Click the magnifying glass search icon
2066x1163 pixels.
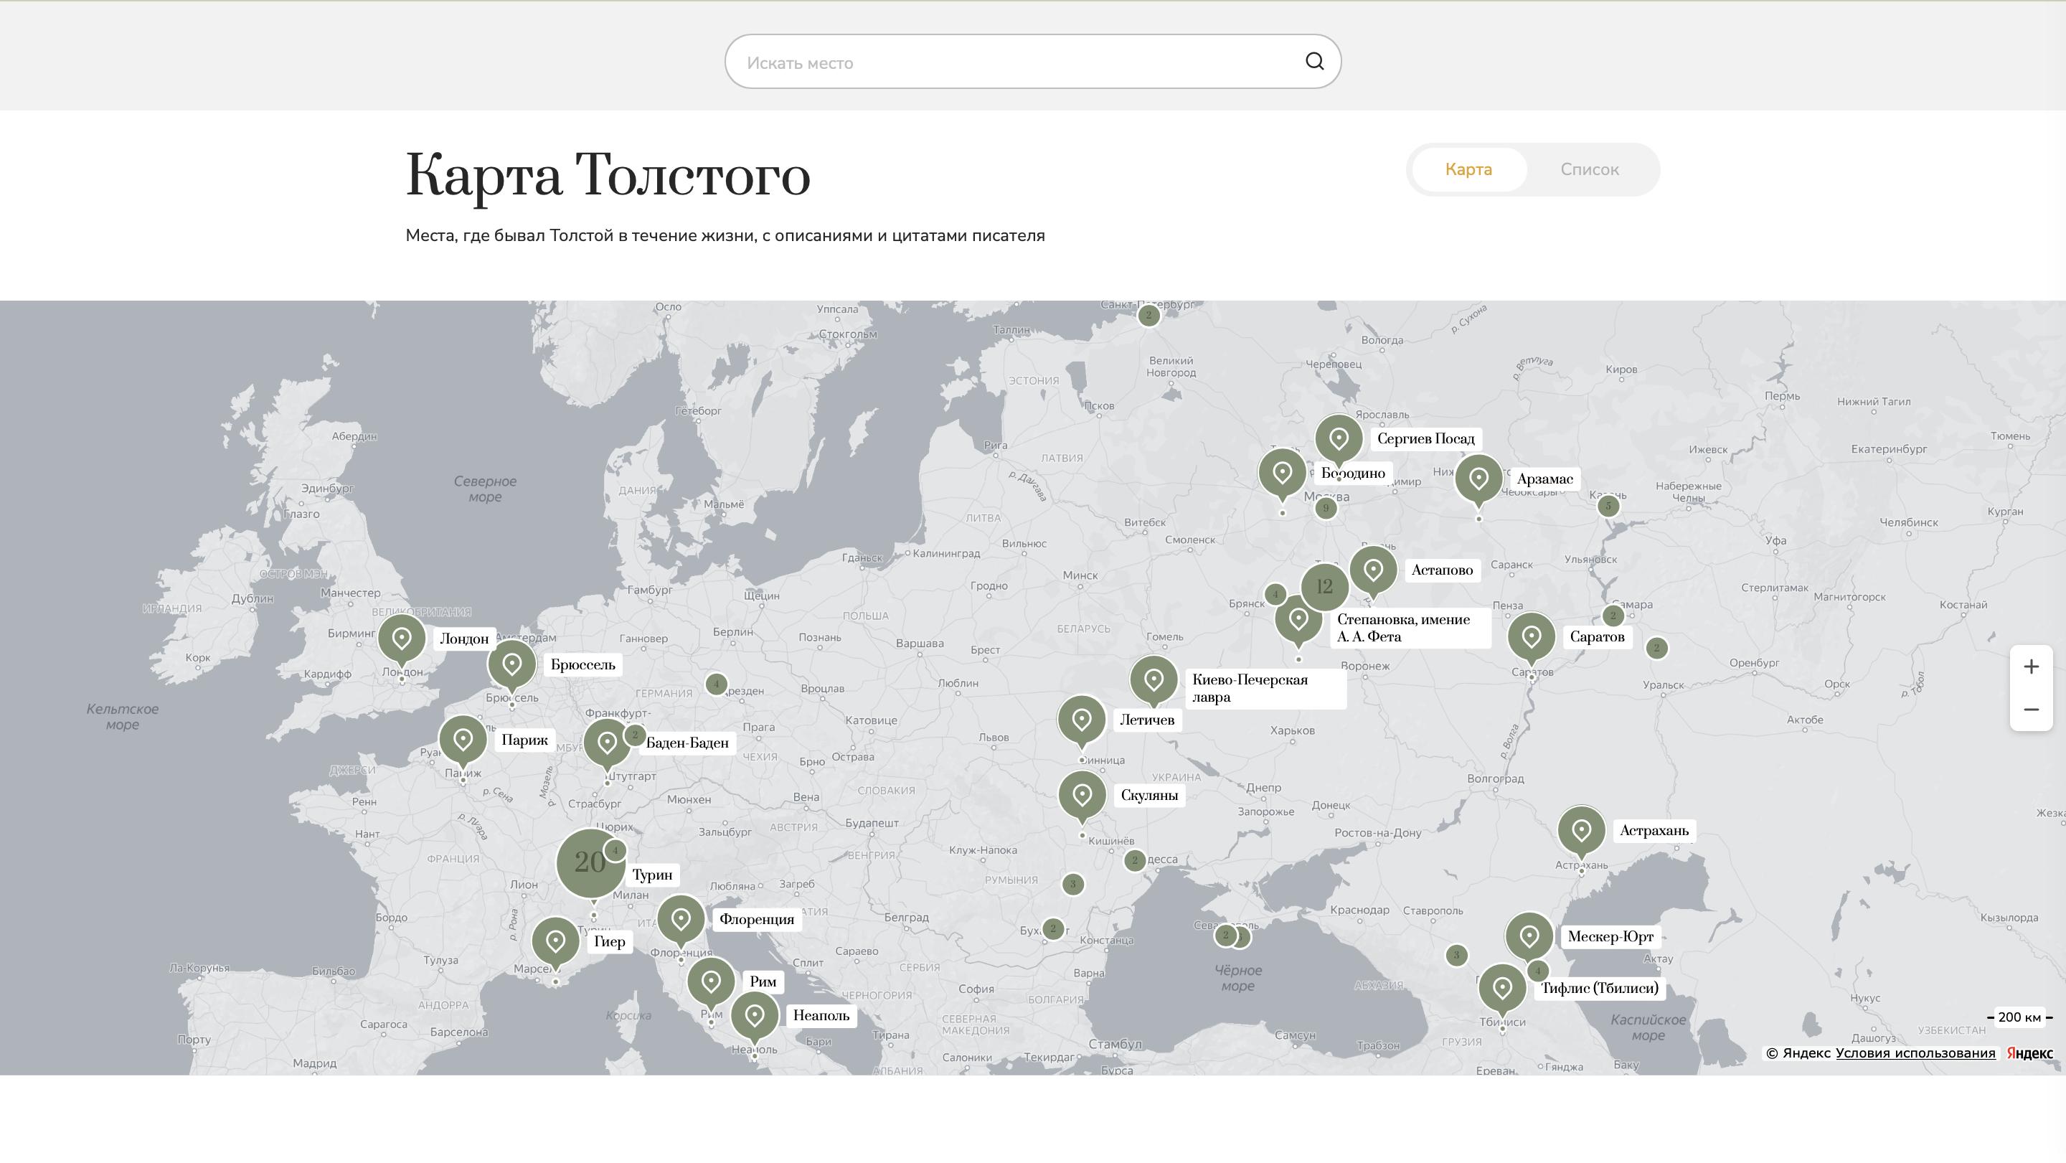1313,62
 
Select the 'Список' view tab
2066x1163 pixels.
1589,169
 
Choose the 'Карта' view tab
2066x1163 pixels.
1468,169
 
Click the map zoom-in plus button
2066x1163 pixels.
2031,667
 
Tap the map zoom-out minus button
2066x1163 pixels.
2031,710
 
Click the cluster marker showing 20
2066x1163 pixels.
590,863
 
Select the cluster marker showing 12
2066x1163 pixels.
1324,587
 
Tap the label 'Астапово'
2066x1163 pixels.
1441,570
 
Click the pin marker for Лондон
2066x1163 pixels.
402,639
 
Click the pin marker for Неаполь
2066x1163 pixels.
754,1015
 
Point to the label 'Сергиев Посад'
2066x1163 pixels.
1425,439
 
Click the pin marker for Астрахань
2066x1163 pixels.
1581,830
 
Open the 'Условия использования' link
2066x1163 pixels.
1915,1053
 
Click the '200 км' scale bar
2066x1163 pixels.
2019,1017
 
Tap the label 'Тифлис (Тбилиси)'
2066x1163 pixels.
1599,988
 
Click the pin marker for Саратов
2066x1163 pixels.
1531,637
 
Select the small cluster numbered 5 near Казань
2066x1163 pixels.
1607,506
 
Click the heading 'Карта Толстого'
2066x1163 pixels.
607,175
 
